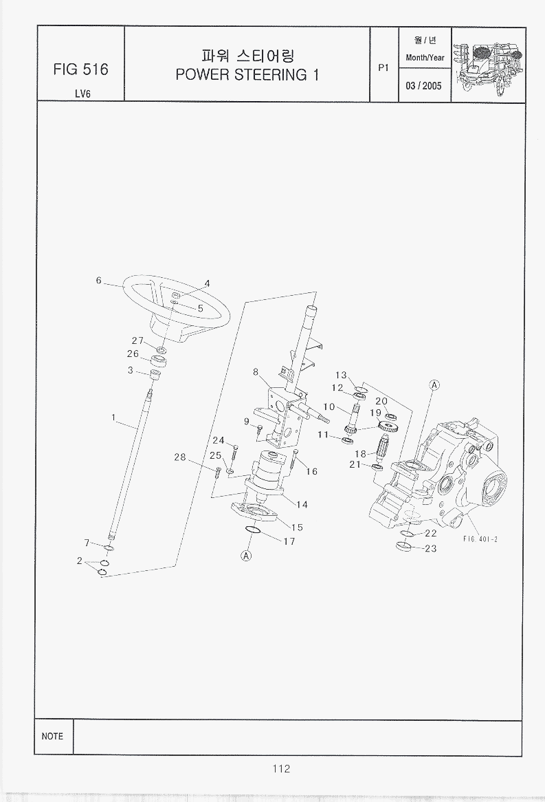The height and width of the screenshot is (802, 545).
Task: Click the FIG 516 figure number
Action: point(80,69)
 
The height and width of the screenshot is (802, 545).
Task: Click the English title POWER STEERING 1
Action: point(247,75)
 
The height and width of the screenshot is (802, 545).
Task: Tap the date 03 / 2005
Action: point(424,86)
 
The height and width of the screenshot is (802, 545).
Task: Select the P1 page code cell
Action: point(384,67)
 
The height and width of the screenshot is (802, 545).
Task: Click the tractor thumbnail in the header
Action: point(489,65)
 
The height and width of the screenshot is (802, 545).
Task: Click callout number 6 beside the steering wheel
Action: point(99,281)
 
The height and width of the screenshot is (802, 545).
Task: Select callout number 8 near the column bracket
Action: point(256,372)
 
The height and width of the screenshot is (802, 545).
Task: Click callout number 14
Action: point(302,504)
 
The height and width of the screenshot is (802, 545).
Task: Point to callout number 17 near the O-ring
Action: point(289,541)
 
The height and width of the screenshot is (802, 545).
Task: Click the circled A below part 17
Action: point(247,556)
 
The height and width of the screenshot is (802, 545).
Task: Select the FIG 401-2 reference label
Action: point(480,539)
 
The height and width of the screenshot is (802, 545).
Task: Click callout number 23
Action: point(431,549)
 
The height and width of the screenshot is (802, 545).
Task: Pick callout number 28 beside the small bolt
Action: point(180,457)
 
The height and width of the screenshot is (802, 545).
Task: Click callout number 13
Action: point(341,375)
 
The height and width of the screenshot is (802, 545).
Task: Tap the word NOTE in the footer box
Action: point(52,736)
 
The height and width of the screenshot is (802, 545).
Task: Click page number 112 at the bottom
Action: point(281,769)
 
